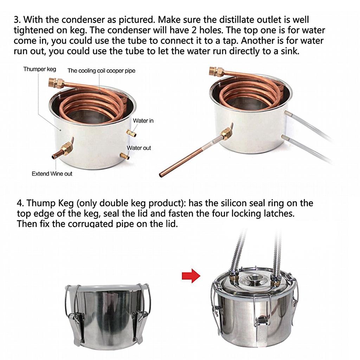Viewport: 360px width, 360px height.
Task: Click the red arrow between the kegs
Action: [191, 276]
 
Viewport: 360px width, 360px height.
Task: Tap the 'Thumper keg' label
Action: [40, 69]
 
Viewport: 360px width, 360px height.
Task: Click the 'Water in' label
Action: [143, 121]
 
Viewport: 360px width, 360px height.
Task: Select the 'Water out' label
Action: [139, 148]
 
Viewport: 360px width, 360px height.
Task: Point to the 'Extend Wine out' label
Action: [52, 174]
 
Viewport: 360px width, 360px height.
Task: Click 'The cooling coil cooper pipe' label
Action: [101, 71]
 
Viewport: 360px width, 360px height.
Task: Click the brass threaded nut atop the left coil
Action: [56, 83]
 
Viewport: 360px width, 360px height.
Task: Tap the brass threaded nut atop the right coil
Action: [216, 71]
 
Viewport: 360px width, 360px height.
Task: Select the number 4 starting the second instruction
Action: [20, 203]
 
